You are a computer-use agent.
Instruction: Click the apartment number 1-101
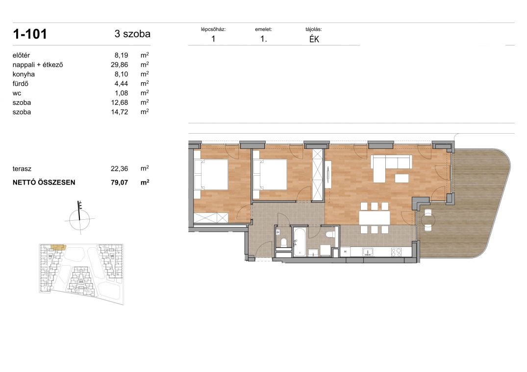point(29,34)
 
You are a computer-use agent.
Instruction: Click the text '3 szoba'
point(132,34)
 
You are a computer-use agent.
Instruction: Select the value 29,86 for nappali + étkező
point(119,65)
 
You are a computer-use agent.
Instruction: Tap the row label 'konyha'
point(24,74)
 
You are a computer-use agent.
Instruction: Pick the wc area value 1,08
point(121,93)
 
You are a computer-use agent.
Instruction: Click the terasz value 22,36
point(119,169)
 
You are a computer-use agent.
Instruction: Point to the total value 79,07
point(119,183)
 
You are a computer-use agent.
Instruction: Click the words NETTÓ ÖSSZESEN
point(44,183)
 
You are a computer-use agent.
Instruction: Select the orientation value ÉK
point(314,39)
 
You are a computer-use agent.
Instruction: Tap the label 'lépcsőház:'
point(213,29)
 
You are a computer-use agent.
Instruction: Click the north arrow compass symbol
point(79,217)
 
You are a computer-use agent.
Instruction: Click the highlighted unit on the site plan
point(58,248)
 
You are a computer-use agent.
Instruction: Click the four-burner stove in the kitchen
point(396,252)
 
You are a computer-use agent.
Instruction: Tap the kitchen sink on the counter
point(368,252)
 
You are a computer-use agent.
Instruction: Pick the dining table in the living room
point(375,218)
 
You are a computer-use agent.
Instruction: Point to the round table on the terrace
point(428,220)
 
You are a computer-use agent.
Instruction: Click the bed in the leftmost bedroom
point(211,175)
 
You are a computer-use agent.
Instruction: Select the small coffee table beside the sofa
point(402,178)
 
